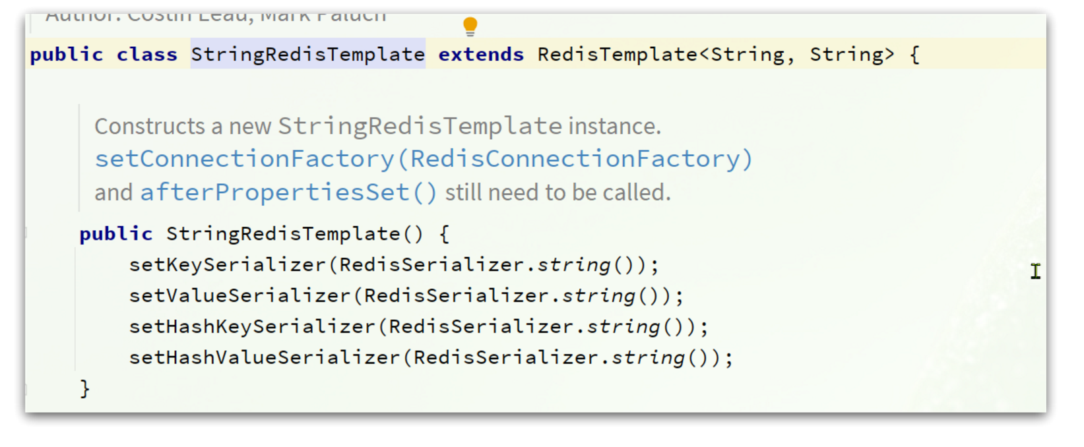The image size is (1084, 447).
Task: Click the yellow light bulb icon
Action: pyautogui.click(x=470, y=26)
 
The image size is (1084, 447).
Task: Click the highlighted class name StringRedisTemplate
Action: pyautogui.click(x=307, y=54)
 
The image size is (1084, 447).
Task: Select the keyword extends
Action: pyautogui.click(x=481, y=54)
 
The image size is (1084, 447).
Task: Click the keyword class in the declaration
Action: pyautogui.click(x=146, y=54)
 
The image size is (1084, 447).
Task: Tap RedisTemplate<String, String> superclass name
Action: pyautogui.click(x=617, y=54)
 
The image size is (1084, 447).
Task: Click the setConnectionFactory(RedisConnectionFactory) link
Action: pyautogui.click(x=423, y=159)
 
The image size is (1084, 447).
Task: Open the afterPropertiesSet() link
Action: pyautogui.click(x=288, y=193)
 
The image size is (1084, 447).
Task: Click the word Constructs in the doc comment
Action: pyautogui.click(x=150, y=126)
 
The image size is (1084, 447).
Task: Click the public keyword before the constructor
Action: pyautogui.click(x=115, y=234)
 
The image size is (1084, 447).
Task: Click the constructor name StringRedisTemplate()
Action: pyautogui.click(x=294, y=234)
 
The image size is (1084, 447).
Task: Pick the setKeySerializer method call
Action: pyautogui.click(x=228, y=265)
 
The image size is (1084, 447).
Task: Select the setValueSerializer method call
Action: pyautogui.click(x=239, y=296)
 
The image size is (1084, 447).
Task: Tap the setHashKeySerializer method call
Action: pyautogui.click(x=252, y=327)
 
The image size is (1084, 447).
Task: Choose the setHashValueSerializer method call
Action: pyautogui.click(x=264, y=358)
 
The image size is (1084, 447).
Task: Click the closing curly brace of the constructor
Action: pyautogui.click(x=84, y=388)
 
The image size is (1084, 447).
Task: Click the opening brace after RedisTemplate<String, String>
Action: pyautogui.click(x=914, y=54)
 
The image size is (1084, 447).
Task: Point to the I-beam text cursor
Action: pyautogui.click(x=1035, y=271)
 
